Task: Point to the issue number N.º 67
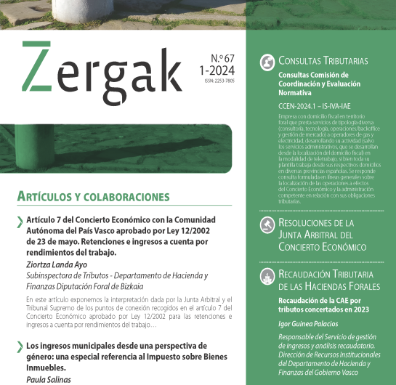coord(218,57)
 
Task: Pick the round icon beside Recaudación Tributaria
coord(267,275)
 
